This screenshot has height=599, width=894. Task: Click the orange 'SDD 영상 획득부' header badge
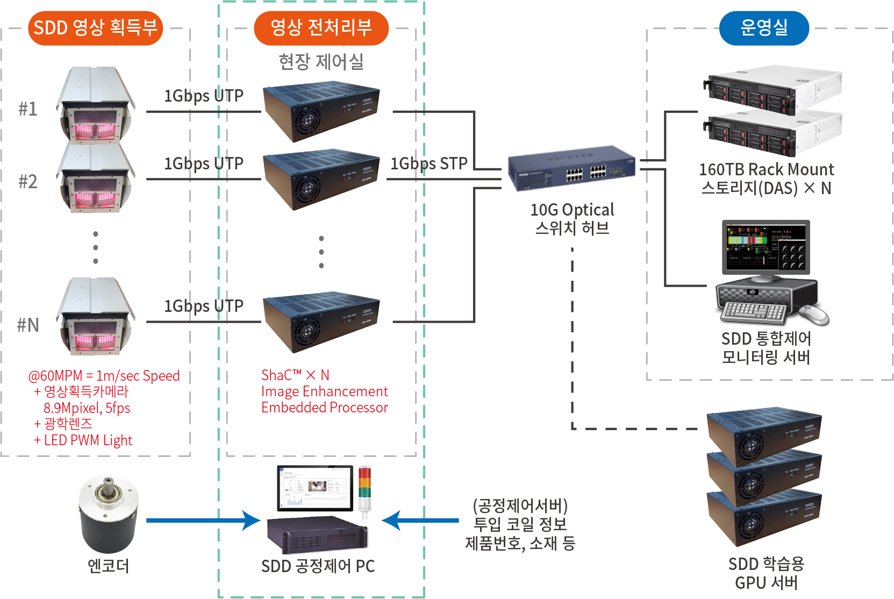[95, 28]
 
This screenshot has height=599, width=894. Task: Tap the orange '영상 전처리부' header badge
[321, 28]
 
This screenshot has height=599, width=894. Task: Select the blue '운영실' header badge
[764, 28]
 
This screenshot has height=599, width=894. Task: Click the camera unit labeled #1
[96, 104]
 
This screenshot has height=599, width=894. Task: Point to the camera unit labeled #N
[96, 316]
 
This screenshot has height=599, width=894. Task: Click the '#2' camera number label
[28, 182]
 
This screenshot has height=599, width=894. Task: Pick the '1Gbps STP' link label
[428, 163]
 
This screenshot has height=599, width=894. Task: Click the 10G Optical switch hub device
[571, 168]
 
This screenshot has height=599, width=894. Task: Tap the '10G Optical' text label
[572, 210]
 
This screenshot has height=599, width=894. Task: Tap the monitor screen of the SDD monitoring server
[766, 247]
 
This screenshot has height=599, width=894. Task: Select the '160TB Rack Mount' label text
[766, 170]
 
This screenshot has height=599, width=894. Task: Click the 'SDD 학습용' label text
[766, 564]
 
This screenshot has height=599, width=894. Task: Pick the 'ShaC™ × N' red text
[295, 375]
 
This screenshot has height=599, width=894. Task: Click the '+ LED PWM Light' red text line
[83, 440]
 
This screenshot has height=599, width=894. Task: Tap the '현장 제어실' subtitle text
[321, 62]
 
